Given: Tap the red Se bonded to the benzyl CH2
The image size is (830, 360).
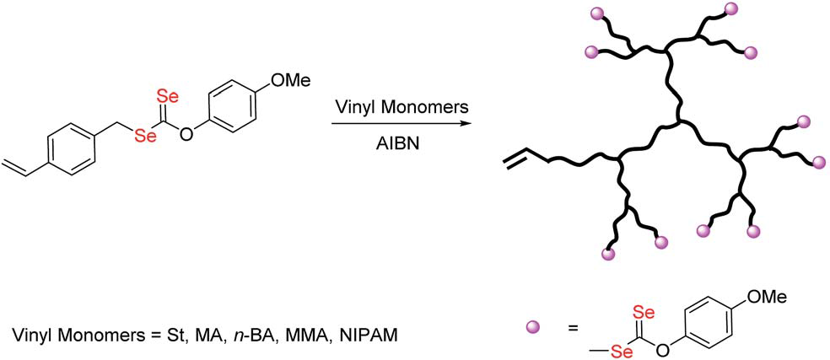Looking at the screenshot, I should coord(146,136).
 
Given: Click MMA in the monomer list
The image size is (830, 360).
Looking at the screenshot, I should coord(316,336).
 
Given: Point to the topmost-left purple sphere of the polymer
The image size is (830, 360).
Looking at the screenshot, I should coord(595,14).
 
